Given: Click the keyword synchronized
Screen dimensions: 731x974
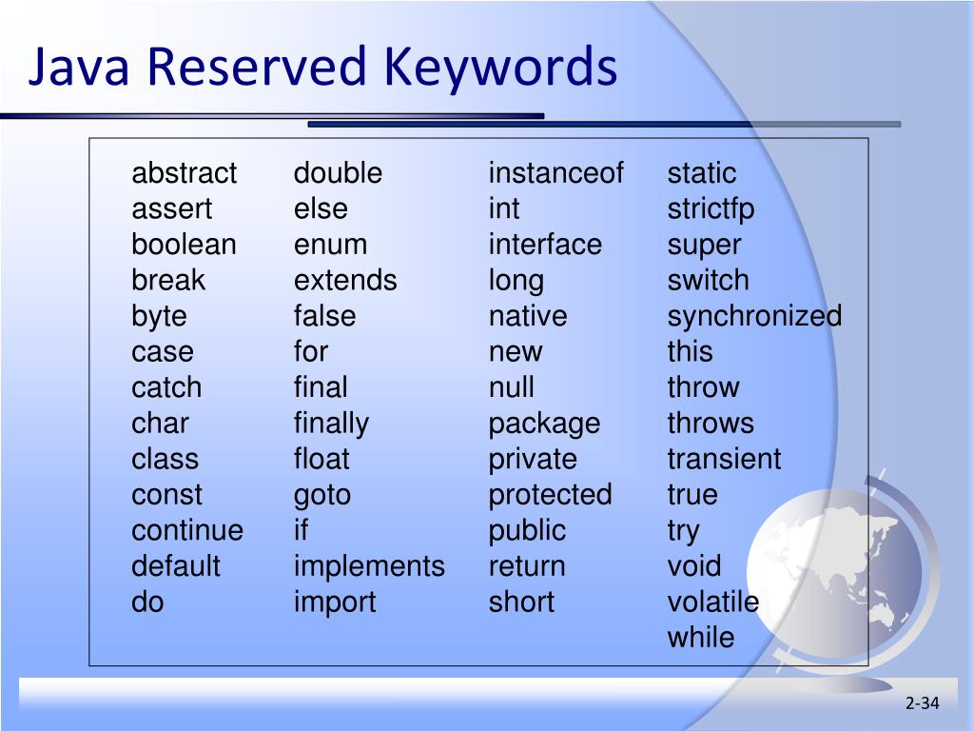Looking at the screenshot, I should (754, 316).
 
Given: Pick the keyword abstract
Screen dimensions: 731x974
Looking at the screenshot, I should (184, 173).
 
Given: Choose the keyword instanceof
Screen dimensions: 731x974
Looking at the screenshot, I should (555, 173).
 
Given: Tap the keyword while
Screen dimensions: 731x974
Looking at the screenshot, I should (700, 638).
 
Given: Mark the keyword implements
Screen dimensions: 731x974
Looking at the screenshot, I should (369, 566).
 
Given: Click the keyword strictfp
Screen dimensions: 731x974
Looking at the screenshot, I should (711, 209).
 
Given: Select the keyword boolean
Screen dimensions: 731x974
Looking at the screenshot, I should (184, 245).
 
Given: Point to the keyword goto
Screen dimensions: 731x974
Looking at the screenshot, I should (321, 495).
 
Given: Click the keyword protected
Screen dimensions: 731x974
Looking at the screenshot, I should (550, 495).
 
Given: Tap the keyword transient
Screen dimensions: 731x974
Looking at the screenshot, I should (724, 459).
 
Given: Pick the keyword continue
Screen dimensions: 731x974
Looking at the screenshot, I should (187, 530).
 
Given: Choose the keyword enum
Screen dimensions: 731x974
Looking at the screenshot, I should (330, 245).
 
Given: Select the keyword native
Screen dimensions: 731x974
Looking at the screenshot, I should (527, 316).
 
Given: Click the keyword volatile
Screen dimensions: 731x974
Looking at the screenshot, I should (712, 602).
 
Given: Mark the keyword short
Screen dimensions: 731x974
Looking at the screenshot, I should (521, 602).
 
